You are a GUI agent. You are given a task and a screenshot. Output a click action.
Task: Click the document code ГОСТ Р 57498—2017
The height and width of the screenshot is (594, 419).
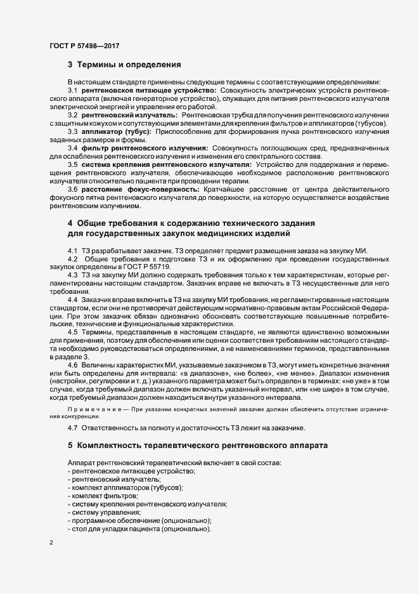click(84, 46)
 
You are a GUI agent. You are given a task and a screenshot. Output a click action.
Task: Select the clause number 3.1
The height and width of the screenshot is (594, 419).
click(73, 91)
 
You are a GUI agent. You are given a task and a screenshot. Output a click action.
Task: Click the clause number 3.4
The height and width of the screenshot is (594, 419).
click(73, 147)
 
